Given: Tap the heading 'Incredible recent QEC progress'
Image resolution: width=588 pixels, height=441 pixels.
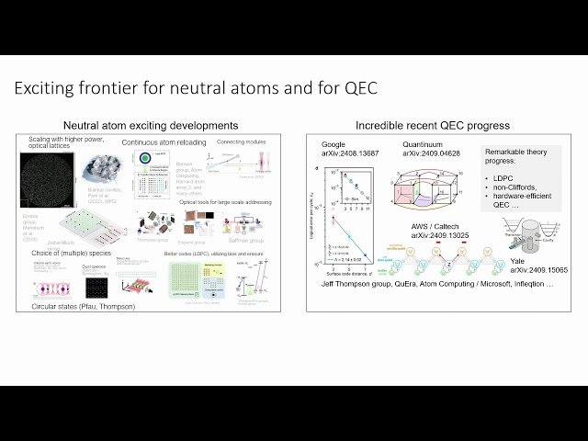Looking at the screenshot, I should click(x=433, y=125).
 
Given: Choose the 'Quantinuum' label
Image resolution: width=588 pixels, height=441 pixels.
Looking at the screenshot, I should click(x=424, y=145).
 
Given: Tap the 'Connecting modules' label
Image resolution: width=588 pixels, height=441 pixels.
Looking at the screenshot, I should click(x=241, y=142).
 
